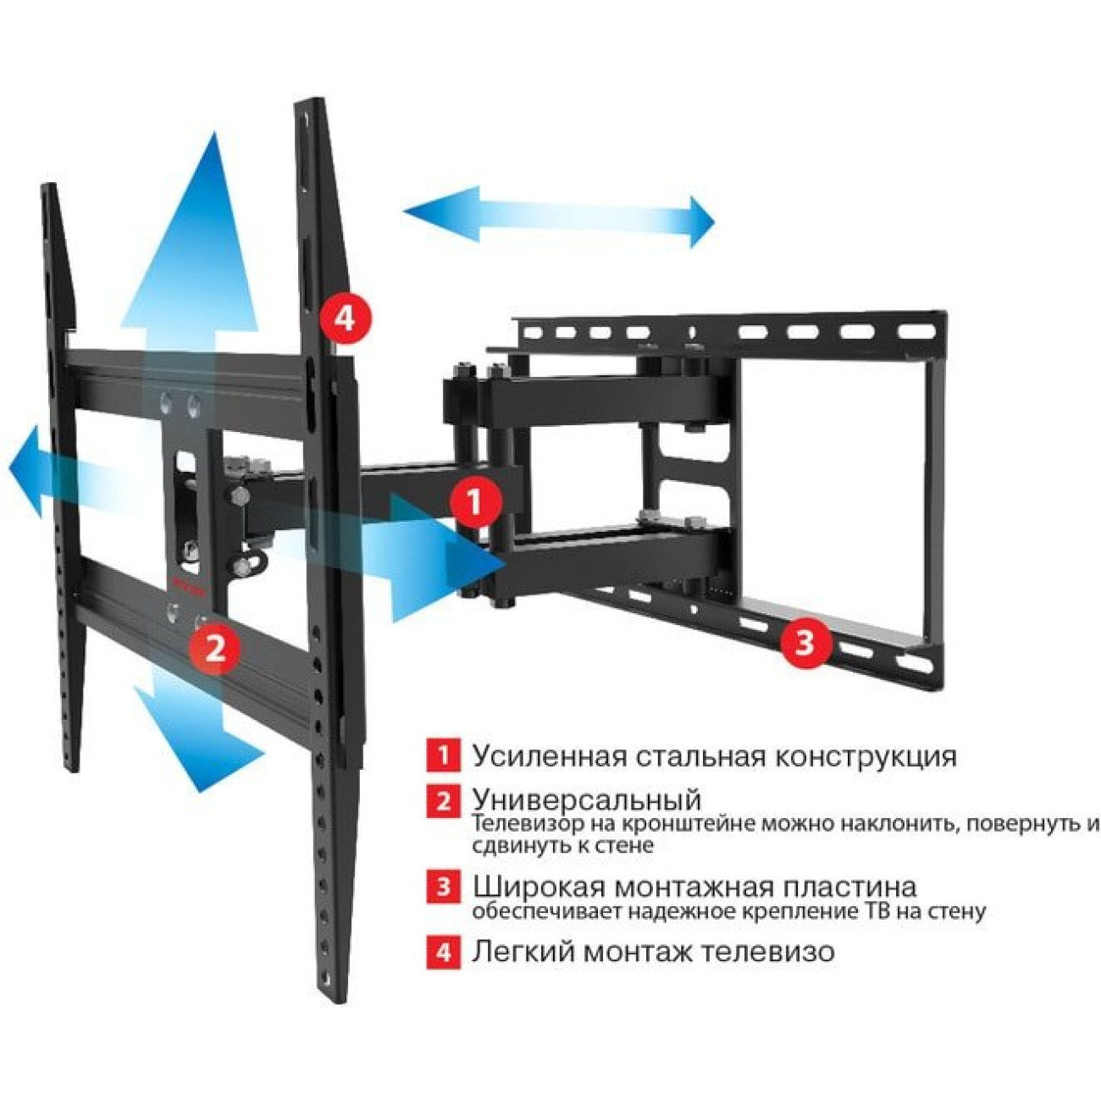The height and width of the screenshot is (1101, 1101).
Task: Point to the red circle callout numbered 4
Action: click(x=345, y=318)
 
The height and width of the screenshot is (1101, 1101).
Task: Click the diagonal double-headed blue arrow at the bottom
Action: click(x=199, y=739)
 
